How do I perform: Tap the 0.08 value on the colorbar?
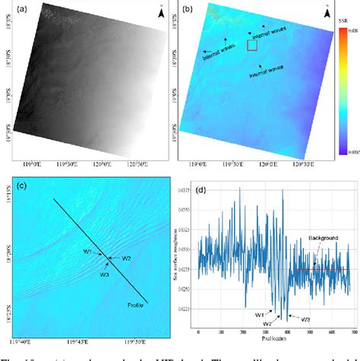352,31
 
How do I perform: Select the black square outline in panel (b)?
252,46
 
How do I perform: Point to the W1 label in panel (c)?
87,252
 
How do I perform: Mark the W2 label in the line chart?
267,323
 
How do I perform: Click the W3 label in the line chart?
305,318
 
